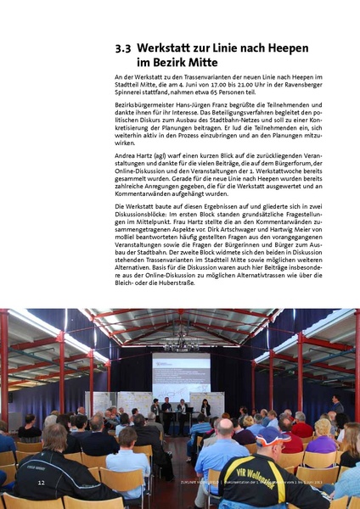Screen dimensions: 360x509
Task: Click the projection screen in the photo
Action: [x=182, y=374]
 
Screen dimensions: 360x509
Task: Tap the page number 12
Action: [x=41, y=482]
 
